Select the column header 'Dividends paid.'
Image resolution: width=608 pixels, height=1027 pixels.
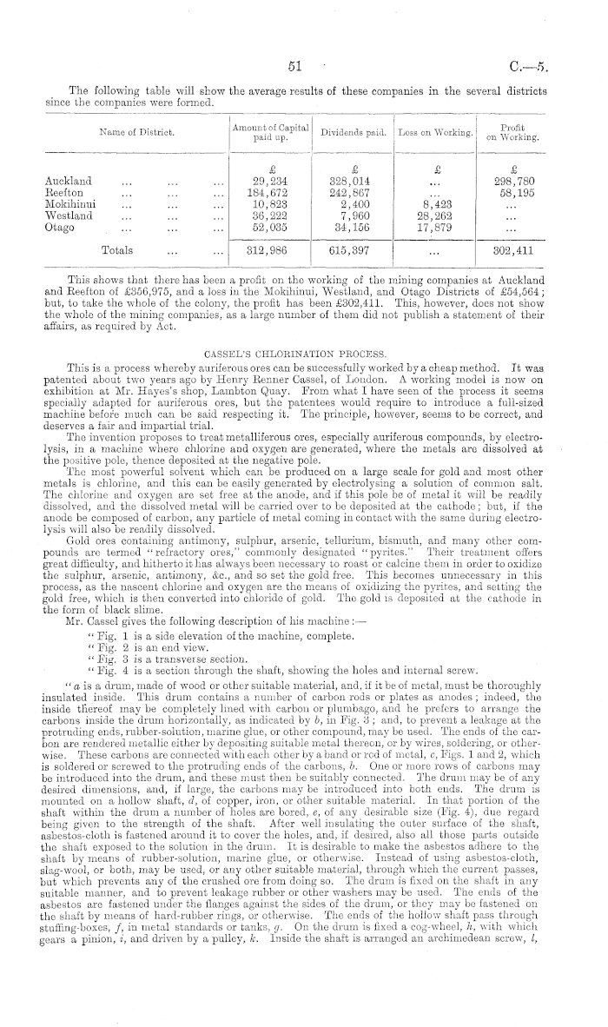tap(353, 133)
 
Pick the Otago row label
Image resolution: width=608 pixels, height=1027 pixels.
tap(60, 226)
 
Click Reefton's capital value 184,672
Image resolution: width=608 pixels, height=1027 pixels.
tap(269, 192)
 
